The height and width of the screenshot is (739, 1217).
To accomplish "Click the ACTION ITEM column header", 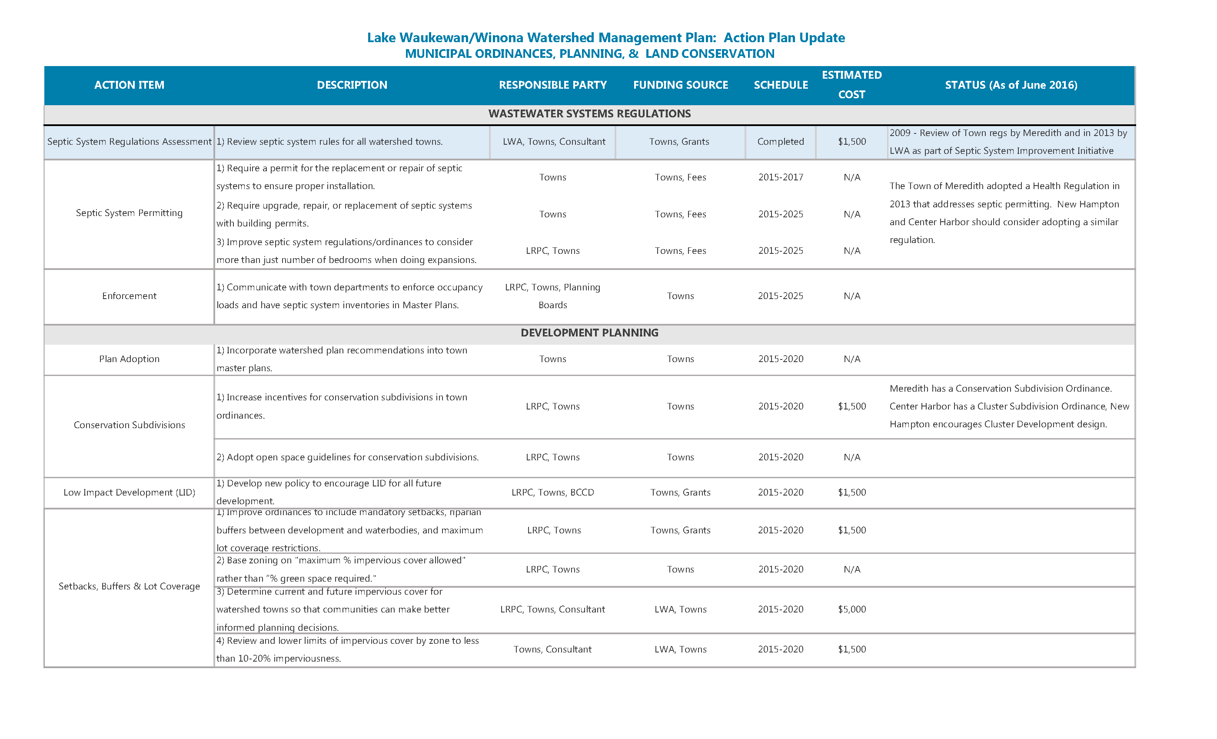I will point(129,85).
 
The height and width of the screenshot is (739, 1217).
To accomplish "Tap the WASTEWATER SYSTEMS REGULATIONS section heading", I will point(589,113).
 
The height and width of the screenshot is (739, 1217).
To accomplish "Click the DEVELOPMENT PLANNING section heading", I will point(589,333).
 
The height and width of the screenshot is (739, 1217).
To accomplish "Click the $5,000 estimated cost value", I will point(851,609).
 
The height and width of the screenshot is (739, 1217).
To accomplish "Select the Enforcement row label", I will point(129,296).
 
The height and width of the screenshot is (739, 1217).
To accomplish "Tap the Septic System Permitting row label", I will point(129,213).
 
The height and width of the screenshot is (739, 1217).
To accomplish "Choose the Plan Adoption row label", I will point(129,359).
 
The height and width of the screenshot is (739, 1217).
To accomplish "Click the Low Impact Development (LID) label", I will point(129,493).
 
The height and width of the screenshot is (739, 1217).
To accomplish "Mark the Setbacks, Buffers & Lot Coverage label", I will point(129,586).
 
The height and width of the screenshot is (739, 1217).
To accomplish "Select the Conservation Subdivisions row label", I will point(129,425).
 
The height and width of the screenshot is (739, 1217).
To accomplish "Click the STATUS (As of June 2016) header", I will point(1011,85).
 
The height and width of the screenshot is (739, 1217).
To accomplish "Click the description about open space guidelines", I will point(347,457).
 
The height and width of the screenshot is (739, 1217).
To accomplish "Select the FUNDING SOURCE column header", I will point(680,85).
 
